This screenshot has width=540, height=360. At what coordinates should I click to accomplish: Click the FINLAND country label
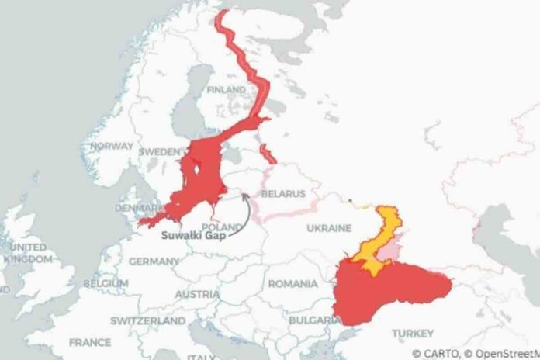click(225, 90)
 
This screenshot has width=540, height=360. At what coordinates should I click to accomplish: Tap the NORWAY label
click(112, 146)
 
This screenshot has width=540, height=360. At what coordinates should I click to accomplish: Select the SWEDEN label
click(159, 152)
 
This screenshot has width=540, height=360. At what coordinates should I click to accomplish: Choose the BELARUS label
click(283, 192)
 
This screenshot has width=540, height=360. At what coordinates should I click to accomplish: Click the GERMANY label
click(154, 262)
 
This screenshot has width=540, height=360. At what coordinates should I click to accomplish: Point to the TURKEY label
click(414, 333)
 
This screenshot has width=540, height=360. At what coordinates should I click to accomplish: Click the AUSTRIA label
click(198, 295)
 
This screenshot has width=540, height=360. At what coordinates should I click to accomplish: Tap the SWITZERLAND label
click(147, 320)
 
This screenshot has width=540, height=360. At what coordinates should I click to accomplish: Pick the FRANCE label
click(89, 341)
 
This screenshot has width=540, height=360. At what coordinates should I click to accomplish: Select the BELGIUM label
click(105, 284)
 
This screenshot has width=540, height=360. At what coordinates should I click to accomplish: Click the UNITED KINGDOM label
click(28, 253)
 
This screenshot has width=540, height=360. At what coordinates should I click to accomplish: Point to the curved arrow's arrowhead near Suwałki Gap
click(244, 195)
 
